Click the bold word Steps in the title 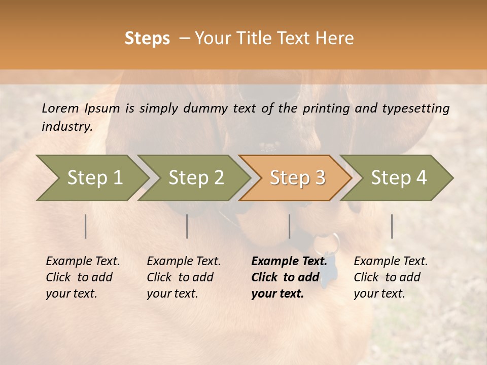[x=147, y=39]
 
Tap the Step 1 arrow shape [x=91, y=177]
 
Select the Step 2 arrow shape [x=195, y=177]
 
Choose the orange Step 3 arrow [x=297, y=177]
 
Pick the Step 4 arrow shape [x=398, y=177]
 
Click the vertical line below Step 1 [x=86, y=226]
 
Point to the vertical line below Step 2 [x=187, y=226]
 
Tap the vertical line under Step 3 [x=290, y=226]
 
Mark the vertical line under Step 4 [x=392, y=226]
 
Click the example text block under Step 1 [x=83, y=277]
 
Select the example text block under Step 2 [x=184, y=277]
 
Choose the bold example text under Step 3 [x=289, y=277]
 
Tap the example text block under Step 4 [x=391, y=277]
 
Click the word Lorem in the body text [x=60, y=108]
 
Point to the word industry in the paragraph [x=67, y=127]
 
